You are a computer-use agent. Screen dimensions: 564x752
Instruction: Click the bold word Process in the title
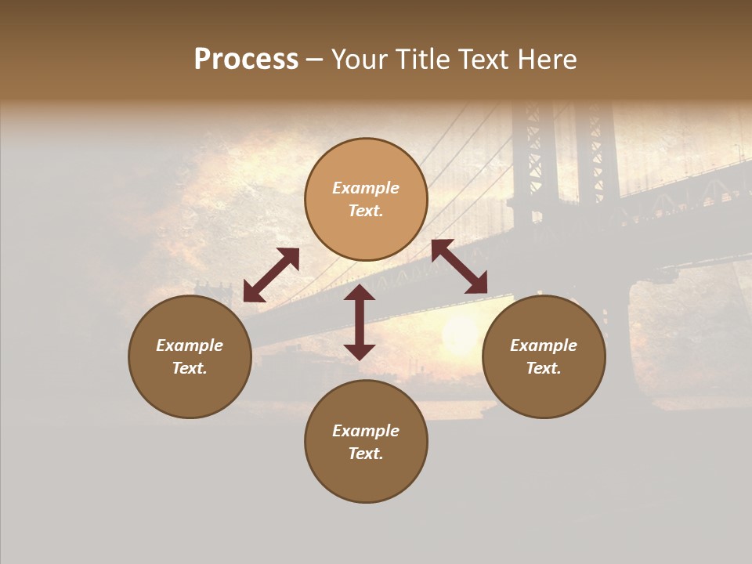click(x=246, y=60)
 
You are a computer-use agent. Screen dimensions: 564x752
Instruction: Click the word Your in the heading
click(x=360, y=60)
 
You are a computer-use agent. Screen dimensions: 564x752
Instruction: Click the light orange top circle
click(x=366, y=199)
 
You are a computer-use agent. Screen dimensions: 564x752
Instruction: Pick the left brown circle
click(x=190, y=356)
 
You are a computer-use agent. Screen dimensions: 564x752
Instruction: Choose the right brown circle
click(x=544, y=356)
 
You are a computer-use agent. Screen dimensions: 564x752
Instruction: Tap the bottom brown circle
click(x=366, y=441)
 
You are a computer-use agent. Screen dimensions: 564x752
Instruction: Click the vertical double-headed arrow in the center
click(x=360, y=322)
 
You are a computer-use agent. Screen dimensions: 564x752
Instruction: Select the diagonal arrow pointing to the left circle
click(x=271, y=275)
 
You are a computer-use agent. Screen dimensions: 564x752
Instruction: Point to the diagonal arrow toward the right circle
click(x=459, y=266)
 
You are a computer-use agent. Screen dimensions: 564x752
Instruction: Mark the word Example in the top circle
click(x=366, y=188)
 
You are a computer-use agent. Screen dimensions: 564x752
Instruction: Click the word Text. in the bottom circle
click(x=366, y=454)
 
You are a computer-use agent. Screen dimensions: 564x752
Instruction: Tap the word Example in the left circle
click(x=190, y=345)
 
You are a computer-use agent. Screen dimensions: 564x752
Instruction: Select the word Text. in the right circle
click(x=544, y=368)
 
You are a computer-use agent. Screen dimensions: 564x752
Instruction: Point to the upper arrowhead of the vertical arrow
click(x=360, y=294)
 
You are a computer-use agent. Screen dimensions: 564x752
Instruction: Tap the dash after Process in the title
click(x=314, y=60)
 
